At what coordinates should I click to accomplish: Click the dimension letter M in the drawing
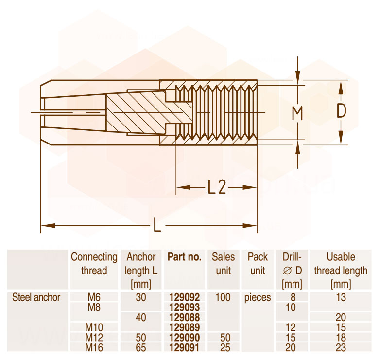click(x=297, y=113)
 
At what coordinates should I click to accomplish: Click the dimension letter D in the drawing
click(x=341, y=111)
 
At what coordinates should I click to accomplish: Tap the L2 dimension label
click(x=217, y=187)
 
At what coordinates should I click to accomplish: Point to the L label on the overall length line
click(x=157, y=225)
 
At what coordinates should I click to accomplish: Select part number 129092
click(x=185, y=297)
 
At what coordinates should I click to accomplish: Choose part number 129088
click(x=185, y=317)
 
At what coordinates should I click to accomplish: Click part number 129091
click(x=185, y=348)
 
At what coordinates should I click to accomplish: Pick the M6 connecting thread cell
click(x=94, y=297)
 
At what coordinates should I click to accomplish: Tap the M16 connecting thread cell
click(x=94, y=348)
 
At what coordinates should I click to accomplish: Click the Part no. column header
click(x=185, y=257)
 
